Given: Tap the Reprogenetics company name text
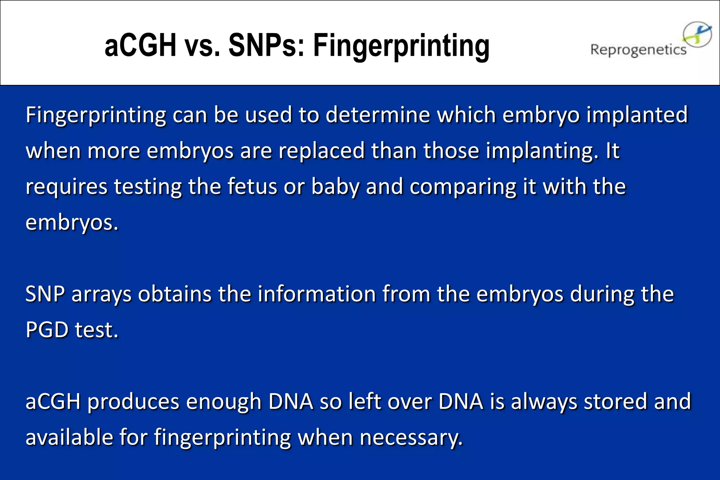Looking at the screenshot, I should pos(638,50).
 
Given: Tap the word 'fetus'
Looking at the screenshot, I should pos(252,187).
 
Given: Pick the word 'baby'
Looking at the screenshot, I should pos(335,187).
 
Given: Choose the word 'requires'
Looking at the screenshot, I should pos(66,187).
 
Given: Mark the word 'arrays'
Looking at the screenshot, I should pos(102,294).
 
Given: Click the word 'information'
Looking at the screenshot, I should pos(317,294).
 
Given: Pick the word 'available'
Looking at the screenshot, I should pos(69,437).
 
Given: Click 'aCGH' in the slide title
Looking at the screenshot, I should pos(140,46).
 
